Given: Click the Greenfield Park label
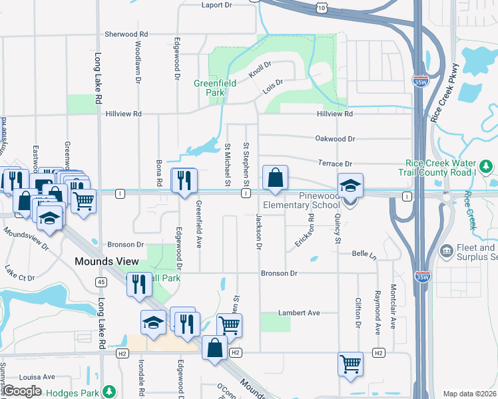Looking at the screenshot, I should click(x=209, y=88).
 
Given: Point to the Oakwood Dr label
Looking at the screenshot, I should click(x=336, y=139).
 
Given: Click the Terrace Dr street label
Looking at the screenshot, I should click(x=334, y=164).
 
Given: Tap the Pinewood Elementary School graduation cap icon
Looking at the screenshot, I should click(x=350, y=186).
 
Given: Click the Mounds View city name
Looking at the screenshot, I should click(x=107, y=262).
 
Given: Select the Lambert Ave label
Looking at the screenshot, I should click(x=300, y=313).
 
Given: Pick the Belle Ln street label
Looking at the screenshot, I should click(x=364, y=254).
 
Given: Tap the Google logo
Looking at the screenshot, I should click(x=23, y=391).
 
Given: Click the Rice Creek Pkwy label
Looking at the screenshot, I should click(x=445, y=91).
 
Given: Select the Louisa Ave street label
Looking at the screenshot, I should click(x=37, y=376).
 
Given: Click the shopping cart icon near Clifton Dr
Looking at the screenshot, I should click(x=350, y=364).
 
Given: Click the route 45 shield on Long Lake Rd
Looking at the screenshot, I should click(x=101, y=282).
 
